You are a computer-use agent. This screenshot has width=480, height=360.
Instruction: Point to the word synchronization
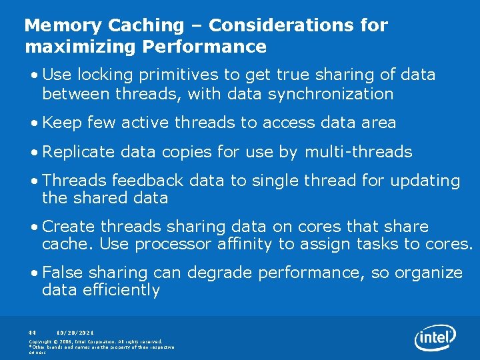331,94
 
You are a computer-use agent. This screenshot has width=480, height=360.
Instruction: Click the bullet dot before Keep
34,123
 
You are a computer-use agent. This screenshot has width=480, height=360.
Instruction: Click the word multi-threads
358,152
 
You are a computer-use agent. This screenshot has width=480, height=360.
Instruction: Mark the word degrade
215,273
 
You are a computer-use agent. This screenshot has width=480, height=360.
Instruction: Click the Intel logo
435,338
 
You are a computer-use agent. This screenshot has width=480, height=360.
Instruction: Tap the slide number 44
31,331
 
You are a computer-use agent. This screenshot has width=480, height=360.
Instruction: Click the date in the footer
75,331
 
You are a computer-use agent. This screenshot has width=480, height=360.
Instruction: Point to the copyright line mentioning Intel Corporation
95,341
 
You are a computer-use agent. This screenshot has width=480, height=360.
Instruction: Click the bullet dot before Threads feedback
34,181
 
